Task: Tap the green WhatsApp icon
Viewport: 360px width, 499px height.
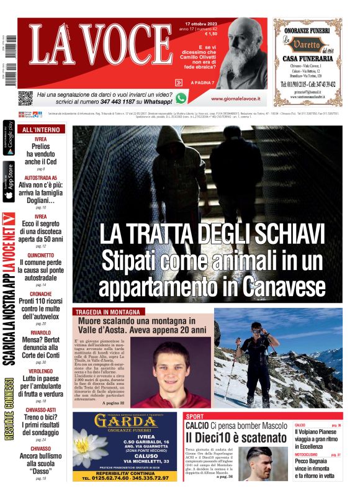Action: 181,97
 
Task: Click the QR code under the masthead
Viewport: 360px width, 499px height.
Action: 25,98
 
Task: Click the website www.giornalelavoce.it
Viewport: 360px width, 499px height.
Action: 235,99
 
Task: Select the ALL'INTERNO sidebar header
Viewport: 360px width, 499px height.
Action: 41,130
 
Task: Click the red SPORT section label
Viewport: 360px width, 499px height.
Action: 194,416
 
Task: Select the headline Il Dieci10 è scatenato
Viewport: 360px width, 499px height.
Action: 236,438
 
